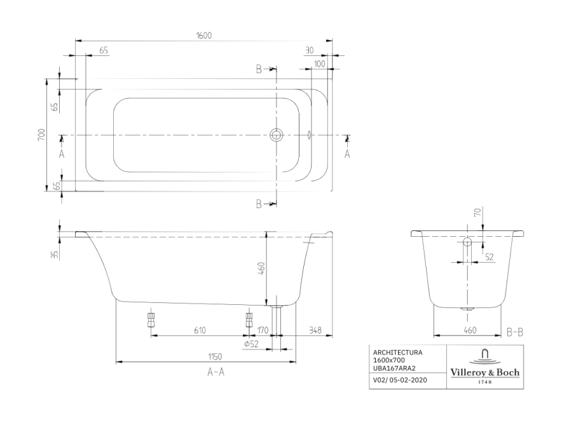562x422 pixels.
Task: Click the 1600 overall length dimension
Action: (x=204, y=36)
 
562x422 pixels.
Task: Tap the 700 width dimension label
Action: (x=42, y=134)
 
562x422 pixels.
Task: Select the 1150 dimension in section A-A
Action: (x=215, y=356)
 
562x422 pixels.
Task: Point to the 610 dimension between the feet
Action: (x=200, y=330)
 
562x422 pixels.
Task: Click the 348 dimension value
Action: (x=315, y=330)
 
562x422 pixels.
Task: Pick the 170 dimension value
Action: (x=263, y=330)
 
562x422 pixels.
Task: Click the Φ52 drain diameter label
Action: (x=251, y=344)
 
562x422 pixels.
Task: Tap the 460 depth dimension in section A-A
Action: (x=261, y=269)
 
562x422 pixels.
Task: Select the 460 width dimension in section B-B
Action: (x=470, y=330)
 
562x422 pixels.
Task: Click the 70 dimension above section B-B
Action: (x=477, y=213)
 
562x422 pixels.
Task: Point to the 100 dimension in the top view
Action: (x=319, y=64)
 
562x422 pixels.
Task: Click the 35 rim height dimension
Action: (x=55, y=255)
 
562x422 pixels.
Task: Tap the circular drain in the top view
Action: (x=276, y=135)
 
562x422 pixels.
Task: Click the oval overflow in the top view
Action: (x=310, y=135)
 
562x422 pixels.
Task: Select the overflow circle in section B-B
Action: (x=467, y=241)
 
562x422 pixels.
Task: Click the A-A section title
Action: (x=216, y=372)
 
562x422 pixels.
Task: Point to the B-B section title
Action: (x=515, y=333)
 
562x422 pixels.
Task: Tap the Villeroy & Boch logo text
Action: (x=485, y=372)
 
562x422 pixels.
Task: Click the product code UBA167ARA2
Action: (x=394, y=368)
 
